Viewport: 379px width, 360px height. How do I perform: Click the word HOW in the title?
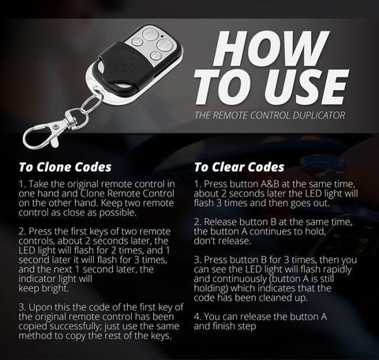(271, 48)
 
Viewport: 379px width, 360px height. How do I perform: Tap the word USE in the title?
(306, 88)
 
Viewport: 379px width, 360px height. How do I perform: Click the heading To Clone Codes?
(65, 167)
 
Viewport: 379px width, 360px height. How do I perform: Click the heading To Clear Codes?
(239, 167)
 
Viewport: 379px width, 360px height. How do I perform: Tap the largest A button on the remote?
(148, 35)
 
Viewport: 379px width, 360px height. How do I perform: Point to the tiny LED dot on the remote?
(162, 36)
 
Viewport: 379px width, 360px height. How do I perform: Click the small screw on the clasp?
(55, 127)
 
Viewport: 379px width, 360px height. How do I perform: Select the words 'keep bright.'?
(43, 288)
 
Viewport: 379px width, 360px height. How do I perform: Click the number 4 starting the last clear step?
(197, 317)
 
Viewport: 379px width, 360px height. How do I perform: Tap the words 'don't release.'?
(223, 241)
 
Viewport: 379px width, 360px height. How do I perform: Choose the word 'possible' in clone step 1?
(118, 212)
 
